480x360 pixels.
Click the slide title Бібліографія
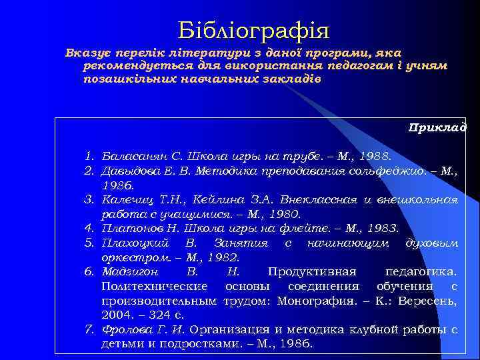tap(253, 30)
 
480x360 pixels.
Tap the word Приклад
tap(437, 127)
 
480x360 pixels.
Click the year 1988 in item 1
tap(377, 157)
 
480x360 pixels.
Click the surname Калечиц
tap(125, 199)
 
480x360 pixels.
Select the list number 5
tap(87, 243)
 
